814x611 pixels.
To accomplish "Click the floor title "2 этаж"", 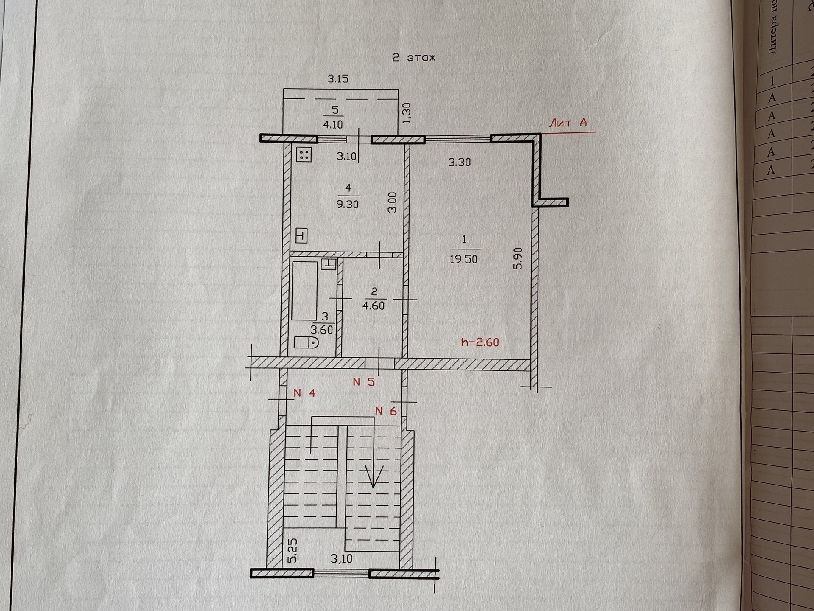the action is pyautogui.click(x=414, y=58).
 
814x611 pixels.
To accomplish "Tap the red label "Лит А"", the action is pyautogui.click(x=568, y=123).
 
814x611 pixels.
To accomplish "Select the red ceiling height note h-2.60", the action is pyautogui.click(x=480, y=342).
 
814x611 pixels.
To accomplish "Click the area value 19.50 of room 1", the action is pyautogui.click(x=463, y=259).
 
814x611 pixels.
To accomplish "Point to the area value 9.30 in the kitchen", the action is pyautogui.click(x=347, y=204).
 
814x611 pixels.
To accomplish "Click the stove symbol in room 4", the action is pyautogui.click(x=304, y=154).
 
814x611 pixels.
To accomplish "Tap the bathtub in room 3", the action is pyautogui.click(x=304, y=291).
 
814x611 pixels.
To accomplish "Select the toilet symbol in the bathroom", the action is pyautogui.click(x=306, y=342).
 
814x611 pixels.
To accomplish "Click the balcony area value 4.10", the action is pyautogui.click(x=333, y=124).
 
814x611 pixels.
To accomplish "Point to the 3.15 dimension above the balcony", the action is pyautogui.click(x=338, y=78).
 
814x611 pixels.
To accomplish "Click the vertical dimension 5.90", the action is pyautogui.click(x=518, y=259).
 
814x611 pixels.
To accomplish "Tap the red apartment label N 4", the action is pyautogui.click(x=304, y=393).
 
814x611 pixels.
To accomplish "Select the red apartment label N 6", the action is pyautogui.click(x=386, y=411).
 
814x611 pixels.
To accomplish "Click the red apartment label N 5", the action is pyautogui.click(x=364, y=382).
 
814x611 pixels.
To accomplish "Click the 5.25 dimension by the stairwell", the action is pyautogui.click(x=293, y=551).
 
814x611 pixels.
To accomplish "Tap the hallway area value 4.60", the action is pyautogui.click(x=374, y=305).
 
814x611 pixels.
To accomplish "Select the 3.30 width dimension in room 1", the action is pyautogui.click(x=460, y=162).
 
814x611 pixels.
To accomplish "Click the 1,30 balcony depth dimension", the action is pyautogui.click(x=407, y=113).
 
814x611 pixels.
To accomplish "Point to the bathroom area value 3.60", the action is pyautogui.click(x=322, y=330).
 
